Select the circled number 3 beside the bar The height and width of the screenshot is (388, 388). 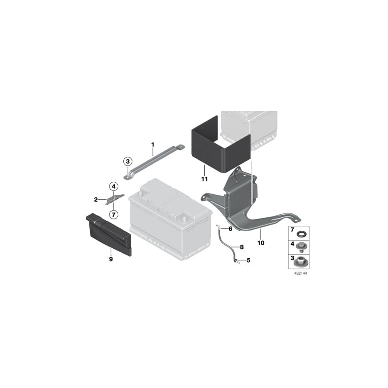pos(127,162)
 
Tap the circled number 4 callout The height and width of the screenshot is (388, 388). pos(113,187)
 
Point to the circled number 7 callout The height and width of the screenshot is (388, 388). pos(113,214)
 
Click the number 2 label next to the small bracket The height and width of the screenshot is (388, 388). pos(96,200)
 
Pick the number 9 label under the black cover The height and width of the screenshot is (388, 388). pos(111,259)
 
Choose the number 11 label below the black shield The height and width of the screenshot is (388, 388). pos(204,178)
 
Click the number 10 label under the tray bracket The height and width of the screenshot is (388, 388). pos(260,243)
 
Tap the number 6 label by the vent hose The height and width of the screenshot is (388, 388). pos(230,228)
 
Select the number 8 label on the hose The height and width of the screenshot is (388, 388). pos(241,247)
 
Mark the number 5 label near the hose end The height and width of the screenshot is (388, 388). pos(247,260)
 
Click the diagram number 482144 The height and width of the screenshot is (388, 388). pos(294,273)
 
